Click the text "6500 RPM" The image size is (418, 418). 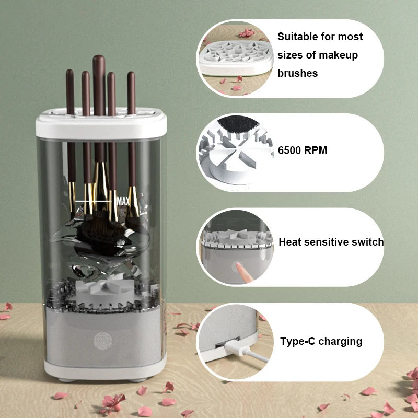[302, 151]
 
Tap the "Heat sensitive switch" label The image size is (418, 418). [331, 242]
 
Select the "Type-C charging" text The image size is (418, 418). [321, 342]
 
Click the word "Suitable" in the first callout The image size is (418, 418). [298, 37]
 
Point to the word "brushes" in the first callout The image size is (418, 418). [297, 73]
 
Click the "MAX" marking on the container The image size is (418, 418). [123, 201]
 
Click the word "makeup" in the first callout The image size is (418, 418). [338, 55]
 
